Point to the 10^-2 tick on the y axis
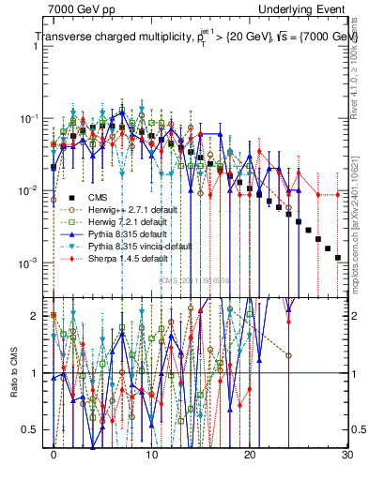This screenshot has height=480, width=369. (x=31, y=190)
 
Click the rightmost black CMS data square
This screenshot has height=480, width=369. (x=337, y=256)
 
